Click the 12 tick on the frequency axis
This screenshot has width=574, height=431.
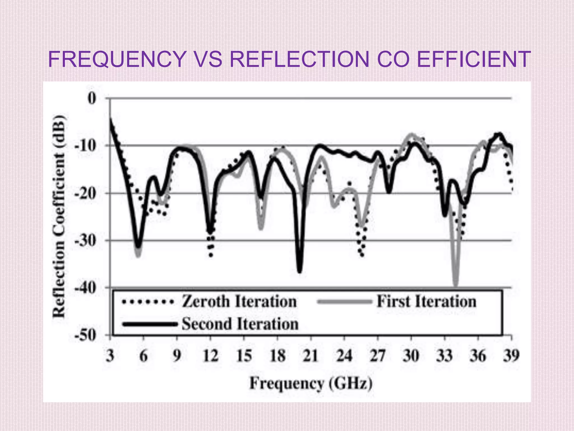pos(210,356)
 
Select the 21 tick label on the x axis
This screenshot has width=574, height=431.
pos(311,356)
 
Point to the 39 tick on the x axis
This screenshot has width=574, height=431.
pos(511,356)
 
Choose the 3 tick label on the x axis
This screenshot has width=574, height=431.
pos(110,356)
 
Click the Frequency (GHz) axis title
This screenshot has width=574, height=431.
pos(311,383)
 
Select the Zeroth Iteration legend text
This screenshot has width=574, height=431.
pos(239,302)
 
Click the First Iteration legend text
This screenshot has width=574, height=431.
pos(426,302)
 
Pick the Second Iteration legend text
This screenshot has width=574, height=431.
pos(240,324)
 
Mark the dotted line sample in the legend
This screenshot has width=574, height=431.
pos(148,302)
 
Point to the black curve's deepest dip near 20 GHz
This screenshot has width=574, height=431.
pos(300,271)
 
